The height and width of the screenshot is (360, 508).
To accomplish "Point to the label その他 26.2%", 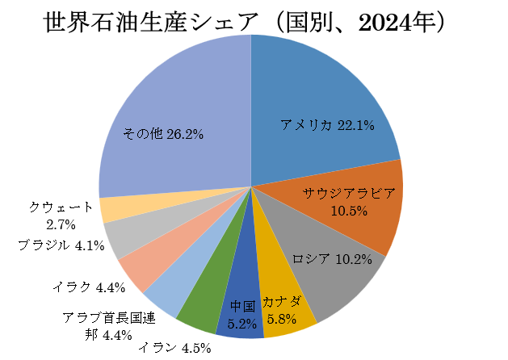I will pos(162,134).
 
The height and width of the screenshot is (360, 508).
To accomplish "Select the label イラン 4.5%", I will pos(174,349).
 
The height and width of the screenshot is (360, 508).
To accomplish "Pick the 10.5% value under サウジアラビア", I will pos(349,211).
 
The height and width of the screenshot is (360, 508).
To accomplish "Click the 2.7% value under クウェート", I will pos(61,224).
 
